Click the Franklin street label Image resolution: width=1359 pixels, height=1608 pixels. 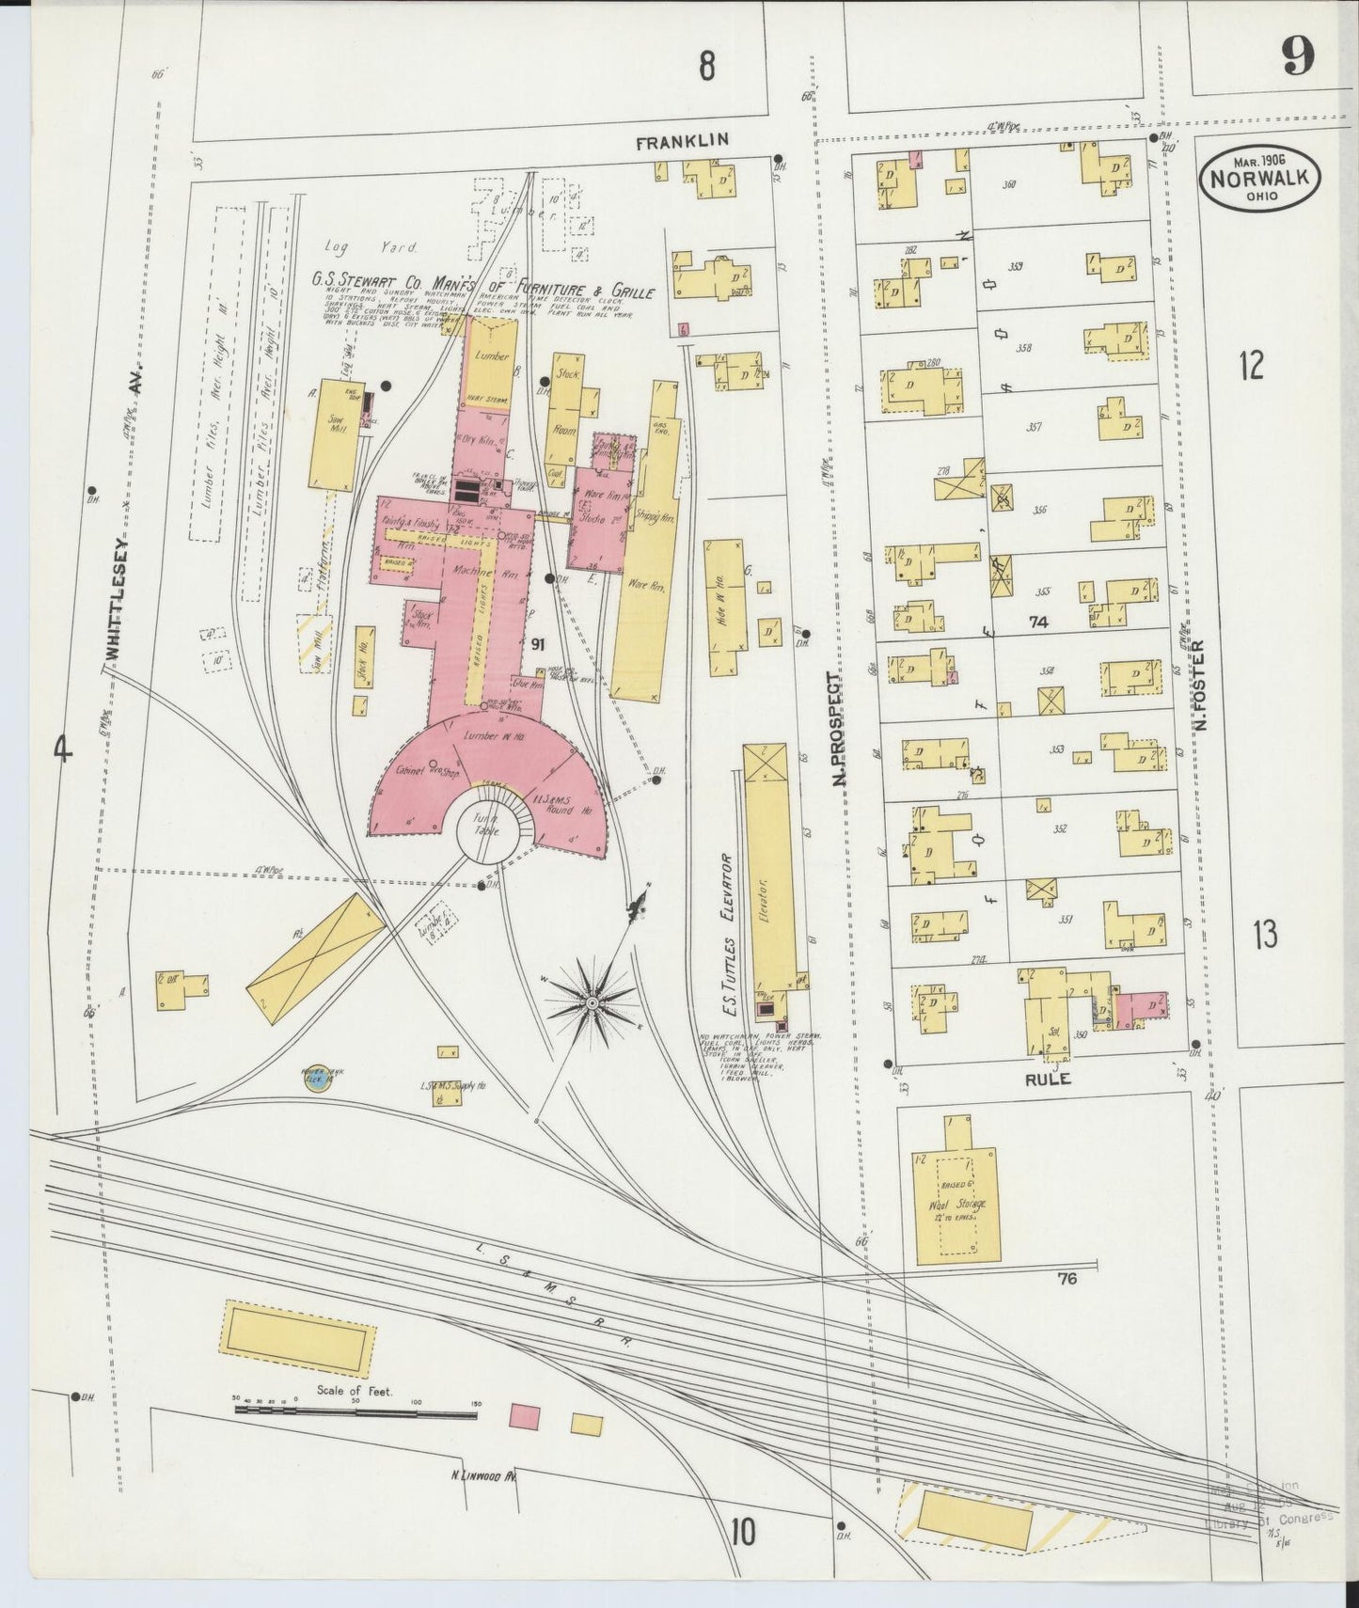coord(683,142)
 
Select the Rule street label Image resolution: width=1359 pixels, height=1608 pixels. coord(1048,1080)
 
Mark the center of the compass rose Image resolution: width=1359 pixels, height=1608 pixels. coord(593,1004)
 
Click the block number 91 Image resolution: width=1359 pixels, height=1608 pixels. coord(538,644)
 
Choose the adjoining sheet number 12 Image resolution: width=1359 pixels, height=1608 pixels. coord(1251,365)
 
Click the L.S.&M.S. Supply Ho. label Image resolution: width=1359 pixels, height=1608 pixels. coord(452,1087)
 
